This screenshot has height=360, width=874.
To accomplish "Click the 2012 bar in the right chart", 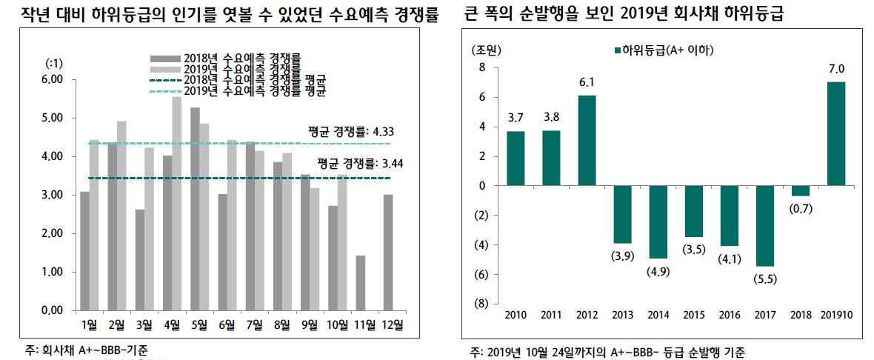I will [587, 140].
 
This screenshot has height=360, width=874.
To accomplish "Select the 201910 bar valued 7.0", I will [835, 133].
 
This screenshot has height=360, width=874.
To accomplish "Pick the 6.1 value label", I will [587, 81].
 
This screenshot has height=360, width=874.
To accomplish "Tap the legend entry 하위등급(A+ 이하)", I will [667, 50].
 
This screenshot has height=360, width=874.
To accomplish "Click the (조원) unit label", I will [486, 50].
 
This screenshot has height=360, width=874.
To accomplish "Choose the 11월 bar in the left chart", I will [359, 282].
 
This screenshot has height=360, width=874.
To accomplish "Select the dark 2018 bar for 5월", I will [195, 208].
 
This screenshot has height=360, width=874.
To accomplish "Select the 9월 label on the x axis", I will [309, 324].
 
